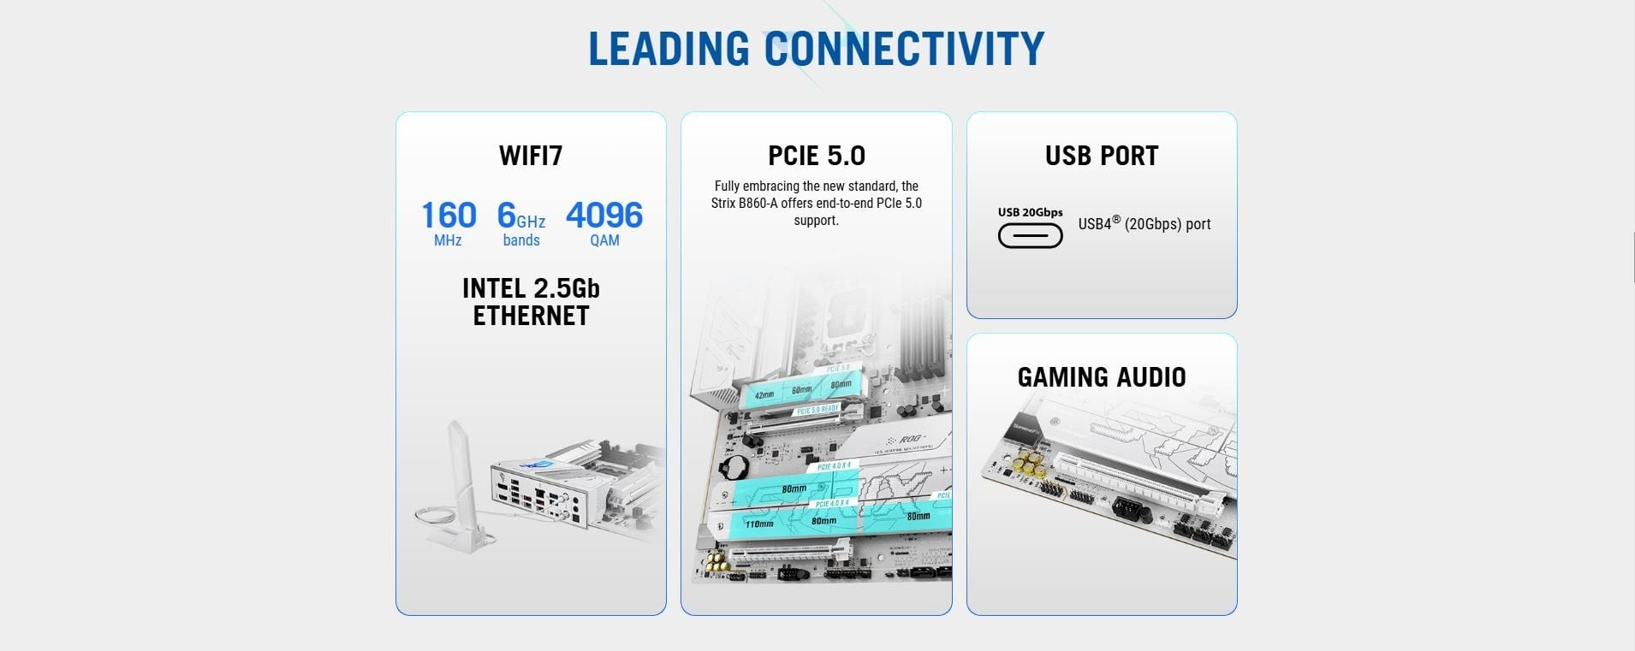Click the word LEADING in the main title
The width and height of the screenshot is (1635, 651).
(669, 49)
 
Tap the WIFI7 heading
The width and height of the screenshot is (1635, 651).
(531, 156)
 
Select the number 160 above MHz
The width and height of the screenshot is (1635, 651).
(449, 216)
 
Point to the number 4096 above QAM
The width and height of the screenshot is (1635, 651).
(604, 216)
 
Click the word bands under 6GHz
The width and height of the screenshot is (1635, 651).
(521, 240)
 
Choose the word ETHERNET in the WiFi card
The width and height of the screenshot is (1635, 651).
(531, 316)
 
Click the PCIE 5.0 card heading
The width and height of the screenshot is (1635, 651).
(817, 156)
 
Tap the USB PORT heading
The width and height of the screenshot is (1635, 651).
(1102, 156)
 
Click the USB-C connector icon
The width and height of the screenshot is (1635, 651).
(1031, 235)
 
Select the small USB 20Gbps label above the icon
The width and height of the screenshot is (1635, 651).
(1031, 212)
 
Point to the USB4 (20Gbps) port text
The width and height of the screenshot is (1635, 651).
(1144, 224)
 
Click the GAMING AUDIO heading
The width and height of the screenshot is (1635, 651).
(1102, 377)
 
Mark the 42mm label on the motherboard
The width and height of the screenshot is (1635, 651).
(764, 395)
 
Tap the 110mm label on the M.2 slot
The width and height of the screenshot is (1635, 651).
(758, 524)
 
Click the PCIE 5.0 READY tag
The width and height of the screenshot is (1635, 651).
(817, 411)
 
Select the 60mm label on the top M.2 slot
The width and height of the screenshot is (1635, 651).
(802, 390)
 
